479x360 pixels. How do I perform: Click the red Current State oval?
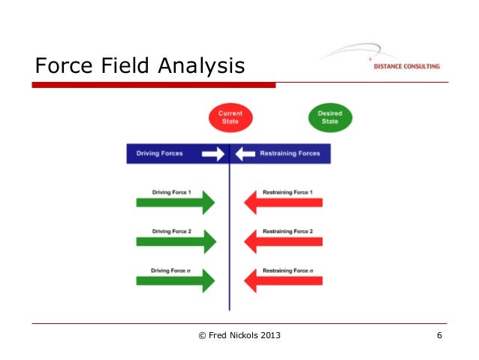point(230,117)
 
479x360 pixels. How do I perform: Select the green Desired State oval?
point(329,117)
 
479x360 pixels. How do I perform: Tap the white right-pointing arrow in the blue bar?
point(212,153)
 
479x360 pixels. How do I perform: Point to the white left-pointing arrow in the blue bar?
point(246,153)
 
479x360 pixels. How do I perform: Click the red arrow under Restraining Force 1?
point(283,202)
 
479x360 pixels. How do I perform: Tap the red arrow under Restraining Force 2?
point(283,241)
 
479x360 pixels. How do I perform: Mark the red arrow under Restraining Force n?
point(283,280)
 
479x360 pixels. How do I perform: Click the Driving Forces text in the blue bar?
point(159,153)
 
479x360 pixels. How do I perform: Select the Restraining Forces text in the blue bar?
point(290,153)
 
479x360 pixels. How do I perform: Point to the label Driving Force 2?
point(171,231)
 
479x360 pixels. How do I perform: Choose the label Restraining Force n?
point(288,270)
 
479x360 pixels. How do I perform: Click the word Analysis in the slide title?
point(201,67)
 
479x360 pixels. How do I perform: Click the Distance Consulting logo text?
point(406,66)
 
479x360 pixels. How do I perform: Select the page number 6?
point(439,334)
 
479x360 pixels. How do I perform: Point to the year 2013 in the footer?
point(268,334)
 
